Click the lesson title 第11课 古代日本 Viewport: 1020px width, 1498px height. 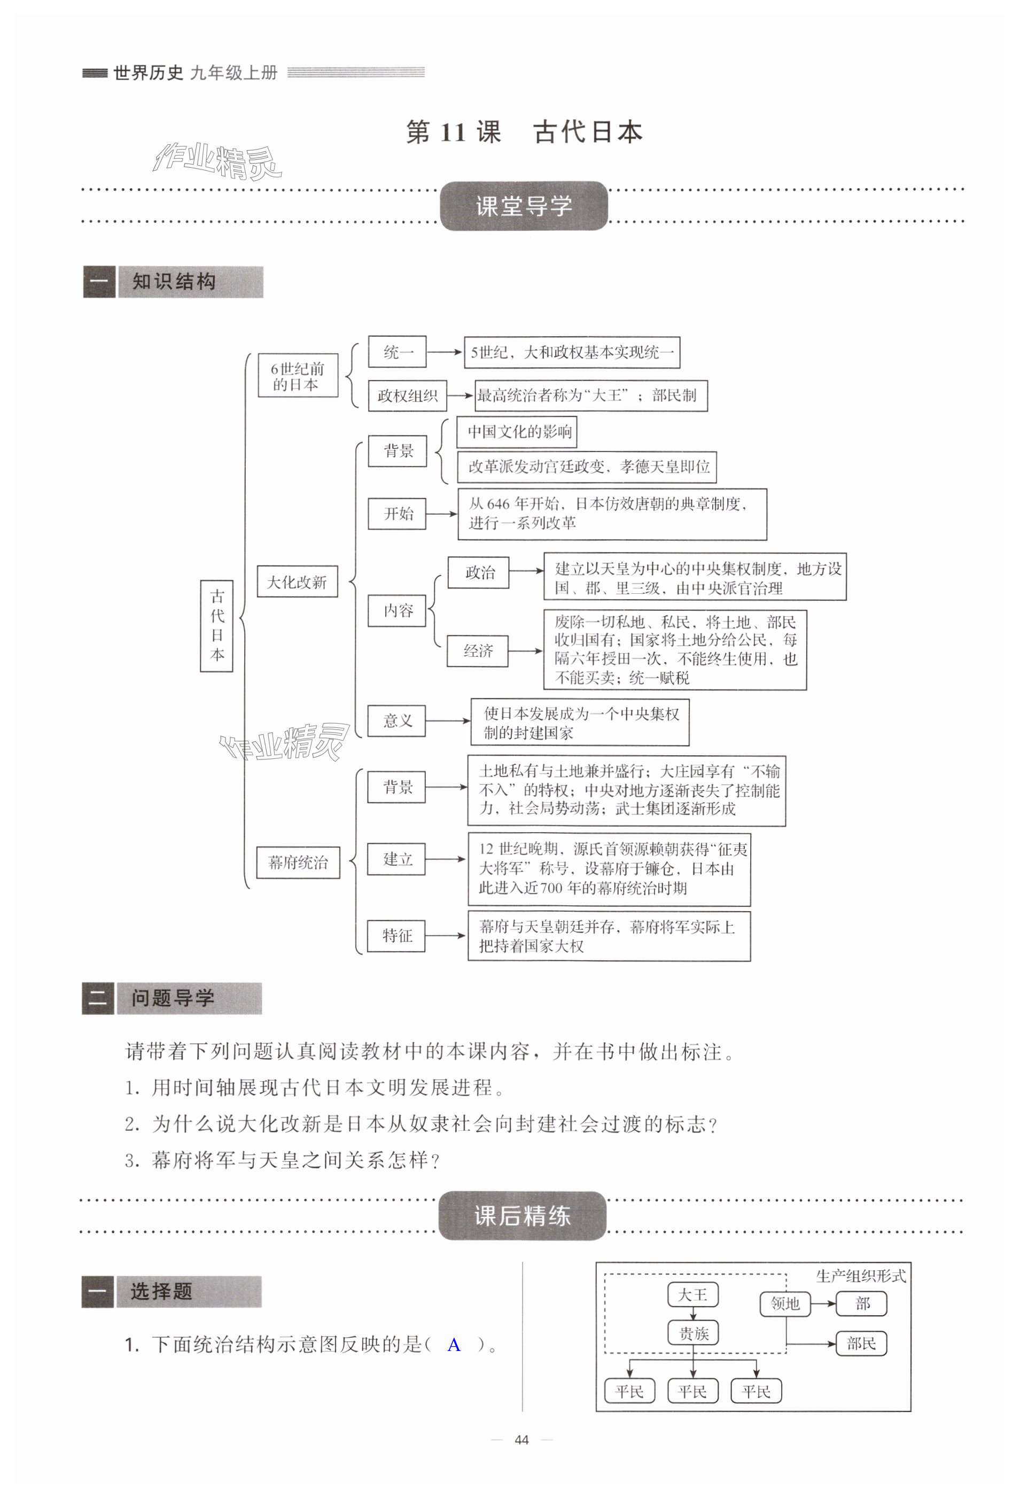(524, 132)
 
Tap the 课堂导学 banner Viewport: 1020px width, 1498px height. (523, 206)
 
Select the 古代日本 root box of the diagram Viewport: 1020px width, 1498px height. (216, 625)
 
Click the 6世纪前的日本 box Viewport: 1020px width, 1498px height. (298, 376)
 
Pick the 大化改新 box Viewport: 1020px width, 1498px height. (297, 581)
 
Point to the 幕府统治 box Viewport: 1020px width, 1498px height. (298, 862)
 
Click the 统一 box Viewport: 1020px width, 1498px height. (397, 352)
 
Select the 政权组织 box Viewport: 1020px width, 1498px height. (407, 395)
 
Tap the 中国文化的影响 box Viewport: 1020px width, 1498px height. (517, 432)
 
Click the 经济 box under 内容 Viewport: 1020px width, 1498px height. (478, 651)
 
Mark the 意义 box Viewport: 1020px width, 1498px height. (396, 720)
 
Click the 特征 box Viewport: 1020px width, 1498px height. (396, 935)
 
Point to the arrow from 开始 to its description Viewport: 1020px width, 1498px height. (441, 514)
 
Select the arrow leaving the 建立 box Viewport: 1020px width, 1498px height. (445, 859)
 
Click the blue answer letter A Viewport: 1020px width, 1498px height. (454, 1345)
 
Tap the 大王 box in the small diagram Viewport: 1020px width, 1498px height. (692, 1295)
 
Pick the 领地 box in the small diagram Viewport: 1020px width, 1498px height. (785, 1304)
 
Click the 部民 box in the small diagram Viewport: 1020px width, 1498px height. (861, 1344)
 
